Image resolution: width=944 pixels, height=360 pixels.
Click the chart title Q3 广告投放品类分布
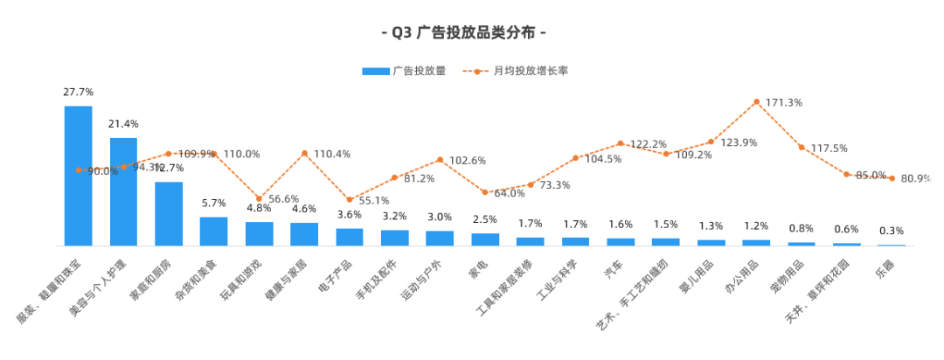(464, 33)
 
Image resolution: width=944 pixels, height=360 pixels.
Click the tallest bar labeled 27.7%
(78, 175)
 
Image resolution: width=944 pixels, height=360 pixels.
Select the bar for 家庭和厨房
(169, 213)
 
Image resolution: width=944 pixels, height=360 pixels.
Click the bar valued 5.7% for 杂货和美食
(214, 231)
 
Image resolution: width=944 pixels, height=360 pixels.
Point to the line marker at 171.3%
(756, 101)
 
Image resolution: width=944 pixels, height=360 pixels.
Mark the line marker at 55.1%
(350, 199)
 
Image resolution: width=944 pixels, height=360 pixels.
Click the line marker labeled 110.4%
(304, 153)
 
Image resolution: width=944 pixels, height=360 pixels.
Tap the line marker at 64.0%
(485, 191)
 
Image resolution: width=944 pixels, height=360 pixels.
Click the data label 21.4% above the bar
(123, 124)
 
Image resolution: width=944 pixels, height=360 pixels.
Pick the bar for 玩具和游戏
(260, 233)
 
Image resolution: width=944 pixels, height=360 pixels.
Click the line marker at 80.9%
(892, 177)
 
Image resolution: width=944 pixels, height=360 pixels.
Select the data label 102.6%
(468, 161)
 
